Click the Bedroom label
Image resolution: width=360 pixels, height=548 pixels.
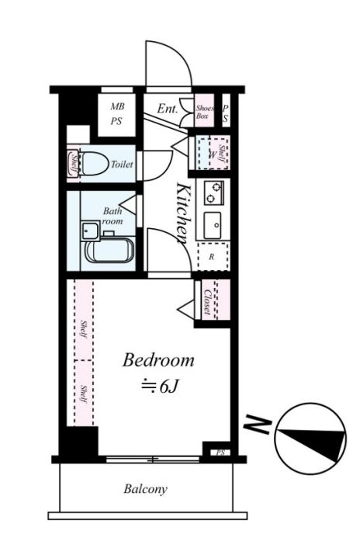click(x=158, y=360)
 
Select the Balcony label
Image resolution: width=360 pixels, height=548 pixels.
click(x=145, y=489)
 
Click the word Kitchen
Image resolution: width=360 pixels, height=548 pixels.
click(x=184, y=213)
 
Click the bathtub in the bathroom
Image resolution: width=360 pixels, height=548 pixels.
click(x=109, y=250)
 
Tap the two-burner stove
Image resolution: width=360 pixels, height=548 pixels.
click(x=213, y=192)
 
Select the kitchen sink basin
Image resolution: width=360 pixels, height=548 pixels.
click(x=213, y=225)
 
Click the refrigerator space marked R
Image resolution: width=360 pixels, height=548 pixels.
click(x=213, y=256)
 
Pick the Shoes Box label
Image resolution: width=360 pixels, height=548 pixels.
click(x=204, y=112)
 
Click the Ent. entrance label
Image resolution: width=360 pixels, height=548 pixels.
click(x=168, y=109)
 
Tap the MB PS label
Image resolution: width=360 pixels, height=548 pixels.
click(x=116, y=114)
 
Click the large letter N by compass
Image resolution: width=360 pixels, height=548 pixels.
click(x=258, y=424)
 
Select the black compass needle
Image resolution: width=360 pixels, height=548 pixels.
click(x=311, y=439)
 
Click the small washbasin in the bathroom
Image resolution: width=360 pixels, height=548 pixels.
click(x=90, y=231)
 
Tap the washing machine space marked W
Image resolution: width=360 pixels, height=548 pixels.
click(x=212, y=154)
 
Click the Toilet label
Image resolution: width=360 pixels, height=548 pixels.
click(x=122, y=164)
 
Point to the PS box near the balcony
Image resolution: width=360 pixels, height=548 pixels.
click(x=220, y=453)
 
